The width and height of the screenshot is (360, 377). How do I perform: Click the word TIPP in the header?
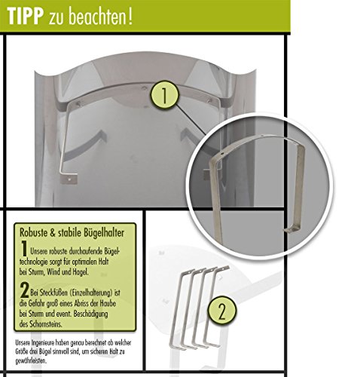click(x=25, y=17)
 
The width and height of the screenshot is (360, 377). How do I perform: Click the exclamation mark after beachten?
click(x=130, y=17)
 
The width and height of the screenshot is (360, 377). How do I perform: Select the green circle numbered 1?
click(x=165, y=95)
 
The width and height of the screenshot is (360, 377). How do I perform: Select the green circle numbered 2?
click(x=222, y=311)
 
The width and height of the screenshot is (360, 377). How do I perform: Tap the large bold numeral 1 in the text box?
click(x=24, y=249)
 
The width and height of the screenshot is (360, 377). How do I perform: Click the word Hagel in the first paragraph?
click(x=81, y=272)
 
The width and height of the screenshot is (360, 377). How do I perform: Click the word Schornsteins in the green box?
click(x=46, y=324)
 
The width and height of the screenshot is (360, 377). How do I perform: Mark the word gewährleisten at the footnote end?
click(x=31, y=361)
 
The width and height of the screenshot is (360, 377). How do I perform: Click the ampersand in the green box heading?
click(x=53, y=233)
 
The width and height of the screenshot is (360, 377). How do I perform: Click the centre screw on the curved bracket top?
click(x=144, y=88)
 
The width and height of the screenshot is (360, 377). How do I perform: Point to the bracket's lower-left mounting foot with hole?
click(x=69, y=178)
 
